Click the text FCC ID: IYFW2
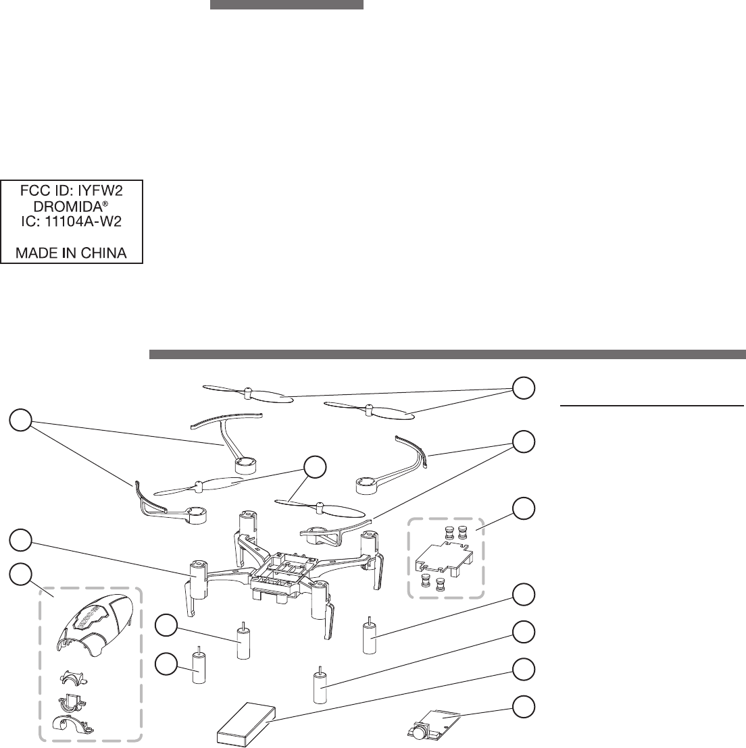(x=71, y=191)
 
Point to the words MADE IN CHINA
(x=71, y=254)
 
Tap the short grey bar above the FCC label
(x=287, y=5)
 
